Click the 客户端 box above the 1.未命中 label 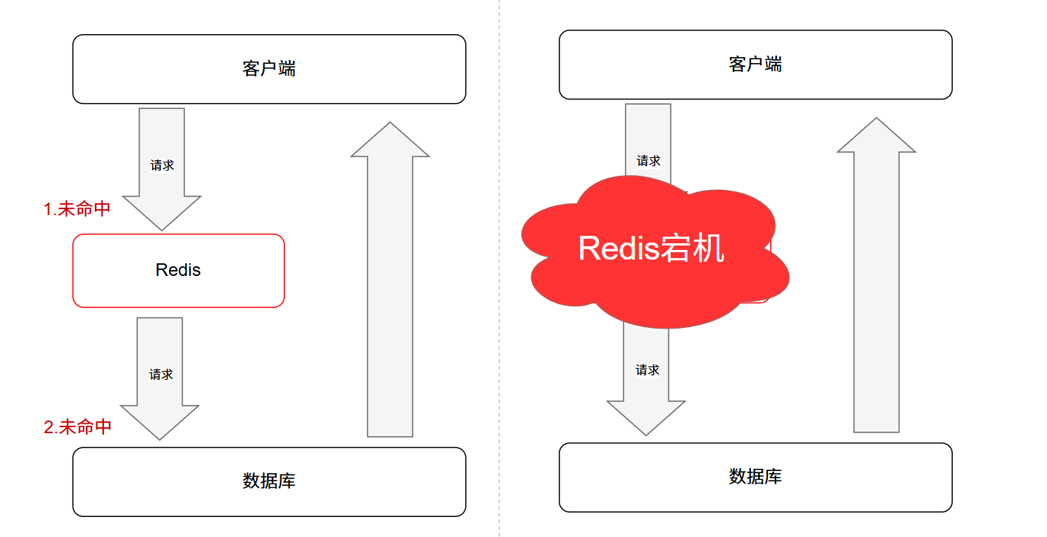point(269,69)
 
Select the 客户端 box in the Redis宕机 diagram point(755,65)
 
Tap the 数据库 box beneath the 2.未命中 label point(269,481)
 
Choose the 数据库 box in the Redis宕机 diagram point(755,477)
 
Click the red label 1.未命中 point(77,209)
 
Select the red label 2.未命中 point(78,426)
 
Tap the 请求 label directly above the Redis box point(162,165)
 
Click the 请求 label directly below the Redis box point(161,375)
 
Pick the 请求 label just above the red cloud point(648,161)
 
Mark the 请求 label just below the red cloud point(647,370)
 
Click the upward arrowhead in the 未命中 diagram point(390,141)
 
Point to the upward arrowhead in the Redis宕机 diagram point(876,136)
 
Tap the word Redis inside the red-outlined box point(178,270)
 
